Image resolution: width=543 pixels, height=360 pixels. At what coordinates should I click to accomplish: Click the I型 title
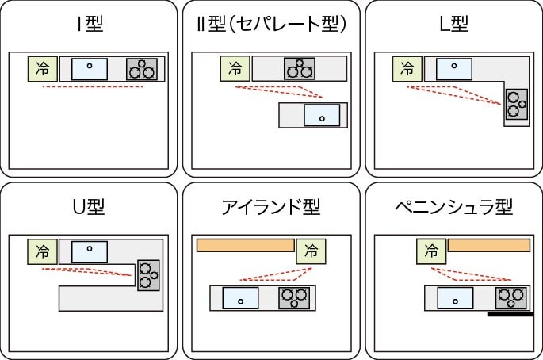pyautogui.click(x=90, y=25)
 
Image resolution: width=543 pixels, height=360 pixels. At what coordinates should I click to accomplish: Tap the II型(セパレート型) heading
pyautogui.click(x=271, y=25)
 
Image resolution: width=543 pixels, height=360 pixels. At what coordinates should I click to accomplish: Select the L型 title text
pyautogui.click(x=453, y=25)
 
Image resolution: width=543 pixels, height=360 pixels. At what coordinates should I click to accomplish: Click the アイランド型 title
pyautogui.click(x=271, y=208)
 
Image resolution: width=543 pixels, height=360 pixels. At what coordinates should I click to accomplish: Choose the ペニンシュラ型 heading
pyautogui.click(x=453, y=208)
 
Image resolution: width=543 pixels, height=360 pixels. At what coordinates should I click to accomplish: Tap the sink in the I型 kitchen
pyautogui.click(x=90, y=69)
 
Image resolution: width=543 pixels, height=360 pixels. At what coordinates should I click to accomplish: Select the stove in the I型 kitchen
pyautogui.click(x=142, y=69)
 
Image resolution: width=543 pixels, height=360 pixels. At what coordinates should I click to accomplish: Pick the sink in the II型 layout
pyautogui.click(x=322, y=116)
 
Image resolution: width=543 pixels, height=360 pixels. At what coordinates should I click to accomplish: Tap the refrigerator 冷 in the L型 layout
pyautogui.click(x=407, y=69)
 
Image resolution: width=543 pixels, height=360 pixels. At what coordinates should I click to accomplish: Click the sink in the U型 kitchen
pyautogui.click(x=89, y=251)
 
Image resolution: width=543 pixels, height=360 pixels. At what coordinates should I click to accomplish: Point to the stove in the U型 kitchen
pyautogui.click(x=147, y=274)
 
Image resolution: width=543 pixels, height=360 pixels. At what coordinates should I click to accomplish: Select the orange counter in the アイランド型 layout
pyautogui.click(x=245, y=245)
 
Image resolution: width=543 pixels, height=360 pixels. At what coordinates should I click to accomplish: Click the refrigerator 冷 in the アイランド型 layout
pyautogui.click(x=310, y=251)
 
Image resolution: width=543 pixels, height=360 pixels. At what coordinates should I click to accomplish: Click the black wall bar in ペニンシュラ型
pyautogui.click(x=510, y=315)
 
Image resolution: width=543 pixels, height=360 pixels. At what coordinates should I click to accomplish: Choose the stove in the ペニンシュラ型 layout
pyautogui.click(x=511, y=298)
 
